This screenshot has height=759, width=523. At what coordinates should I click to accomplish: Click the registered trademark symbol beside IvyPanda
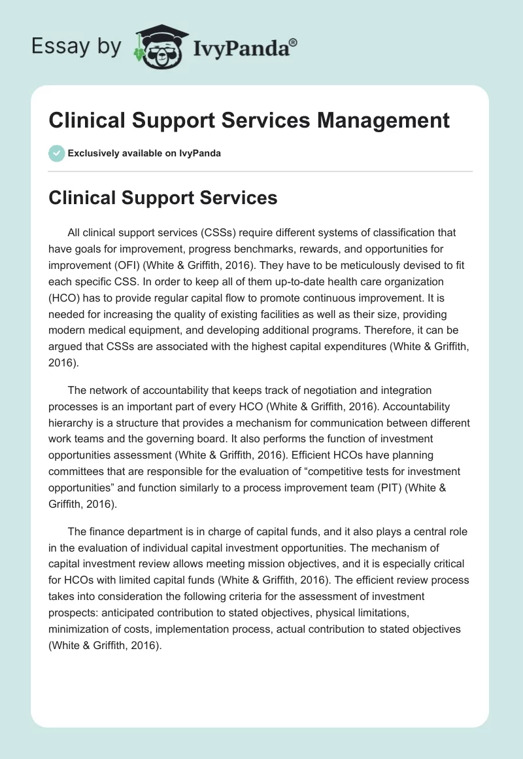coord(294,42)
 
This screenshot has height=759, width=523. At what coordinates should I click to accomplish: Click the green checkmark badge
coord(56,153)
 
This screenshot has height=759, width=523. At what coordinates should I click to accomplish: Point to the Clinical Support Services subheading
coord(163,198)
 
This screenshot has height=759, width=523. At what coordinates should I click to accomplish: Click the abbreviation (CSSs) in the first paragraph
coord(198,232)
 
